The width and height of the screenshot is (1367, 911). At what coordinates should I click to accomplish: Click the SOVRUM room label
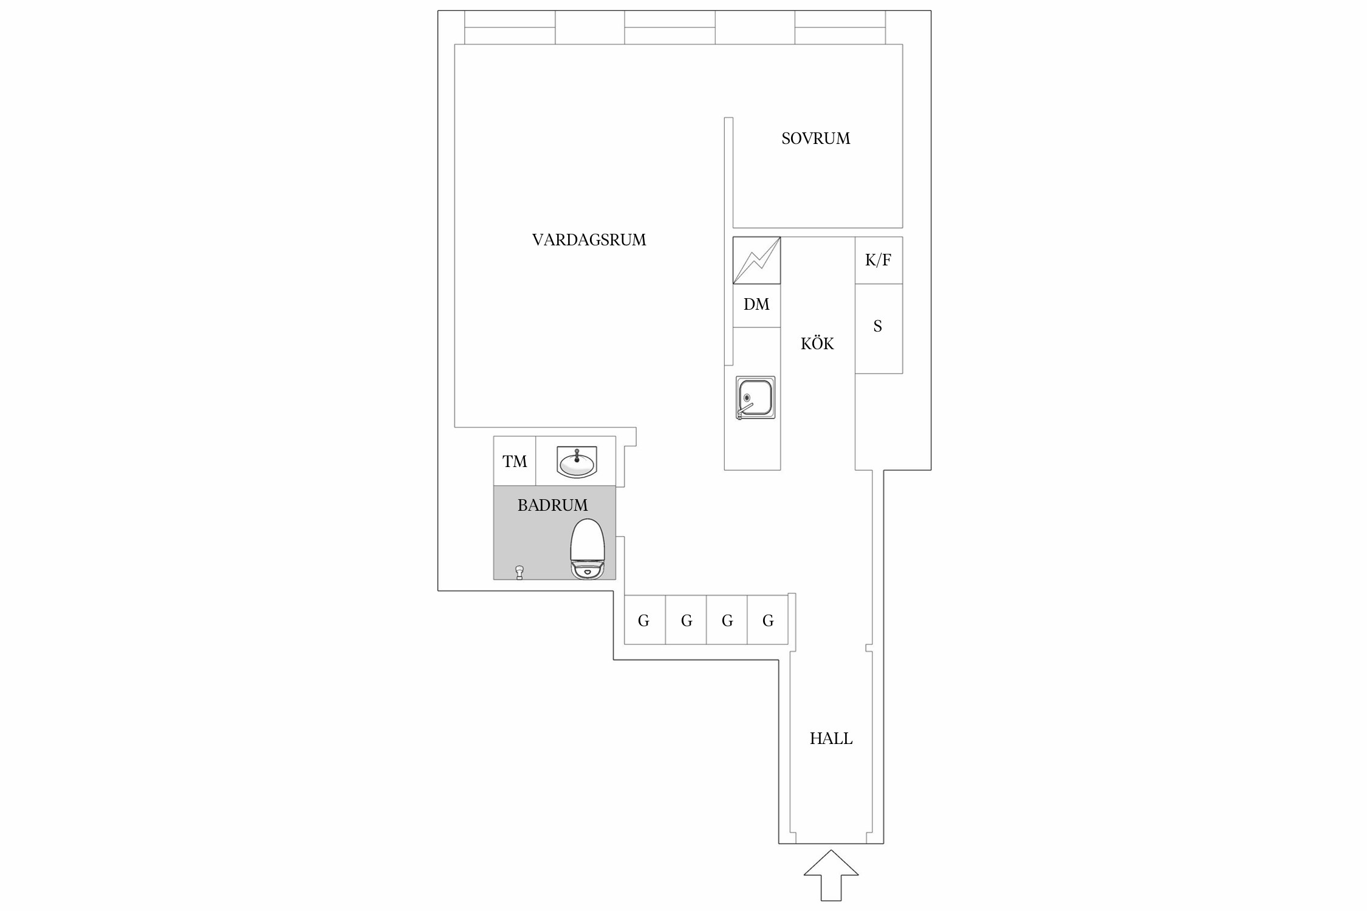pyautogui.click(x=815, y=138)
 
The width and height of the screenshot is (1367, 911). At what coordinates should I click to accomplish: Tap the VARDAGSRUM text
pyautogui.click(x=589, y=240)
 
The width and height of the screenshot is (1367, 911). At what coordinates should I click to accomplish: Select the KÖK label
pyautogui.click(x=817, y=344)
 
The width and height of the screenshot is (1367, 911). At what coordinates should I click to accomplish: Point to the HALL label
pyautogui.click(x=831, y=739)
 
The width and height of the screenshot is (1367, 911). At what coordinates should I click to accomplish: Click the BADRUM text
pyautogui.click(x=552, y=505)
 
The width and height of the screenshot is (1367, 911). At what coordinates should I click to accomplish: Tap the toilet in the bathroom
pyautogui.click(x=588, y=548)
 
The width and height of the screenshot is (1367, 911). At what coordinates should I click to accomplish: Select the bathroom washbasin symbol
pyautogui.click(x=577, y=462)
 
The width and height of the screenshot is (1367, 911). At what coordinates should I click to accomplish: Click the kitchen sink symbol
pyautogui.click(x=755, y=398)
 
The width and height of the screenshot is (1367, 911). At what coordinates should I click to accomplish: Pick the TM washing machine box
pyautogui.click(x=515, y=462)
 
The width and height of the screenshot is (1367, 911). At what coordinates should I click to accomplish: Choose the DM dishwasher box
pyautogui.click(x=756, y=305)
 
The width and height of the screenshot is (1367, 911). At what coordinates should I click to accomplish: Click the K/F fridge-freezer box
pyautogui.click(x=878, y=260)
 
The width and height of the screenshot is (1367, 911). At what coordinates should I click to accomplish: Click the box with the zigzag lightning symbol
pyautogui.click(x=756, y=261)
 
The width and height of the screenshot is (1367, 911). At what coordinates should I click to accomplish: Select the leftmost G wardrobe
pyautogui.click(x=644, y=621)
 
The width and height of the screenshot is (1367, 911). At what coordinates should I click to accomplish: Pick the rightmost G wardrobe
pyautogui.click(x=768, y=621)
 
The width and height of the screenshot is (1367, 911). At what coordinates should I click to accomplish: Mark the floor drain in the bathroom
pyautogui.click(x=519, y=572)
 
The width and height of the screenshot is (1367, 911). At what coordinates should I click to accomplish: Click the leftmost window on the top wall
pyautogui.click(x=510, y=28)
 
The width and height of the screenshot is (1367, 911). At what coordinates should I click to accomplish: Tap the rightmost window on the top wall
pyautogui.click(x=840, y=28)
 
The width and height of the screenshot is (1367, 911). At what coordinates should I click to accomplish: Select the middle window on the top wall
pyautogui.click(x=670, y=28)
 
